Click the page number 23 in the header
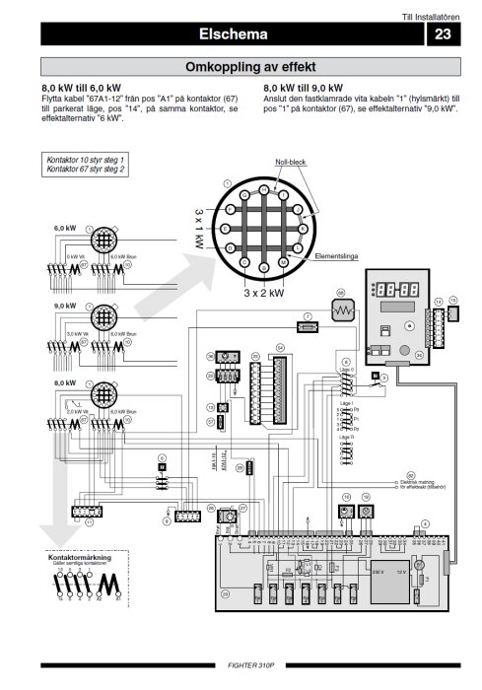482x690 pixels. click(442, 34)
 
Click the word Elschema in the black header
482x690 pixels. click(234, 34)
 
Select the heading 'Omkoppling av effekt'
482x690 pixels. click(249, 67)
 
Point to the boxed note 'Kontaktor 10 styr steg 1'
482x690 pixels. click(86, 159)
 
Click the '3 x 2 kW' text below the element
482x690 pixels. click(263, 293)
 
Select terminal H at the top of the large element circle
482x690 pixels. click(263, 188)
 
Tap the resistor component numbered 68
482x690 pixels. click(341, 310)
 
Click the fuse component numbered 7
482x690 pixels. click(308, 323)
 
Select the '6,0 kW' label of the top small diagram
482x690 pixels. click(64, 228)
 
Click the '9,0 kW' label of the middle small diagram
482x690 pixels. click(64, 307)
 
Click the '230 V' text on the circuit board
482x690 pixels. click(378, 570)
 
